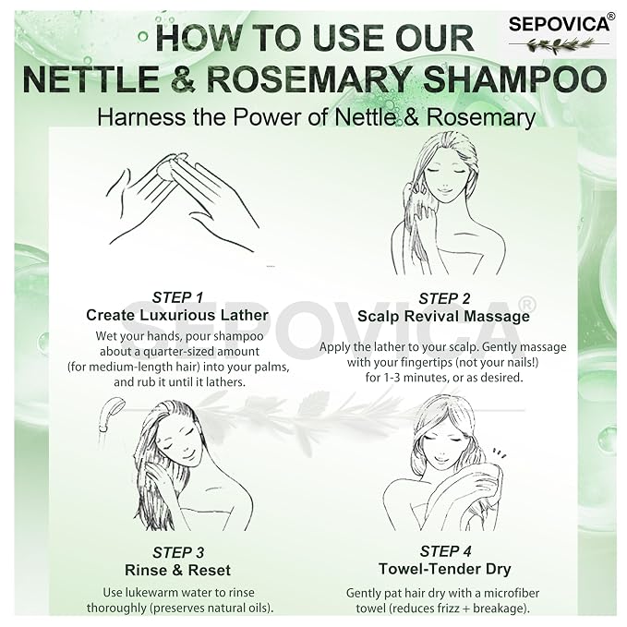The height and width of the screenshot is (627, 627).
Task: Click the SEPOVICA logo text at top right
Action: click(559, 24)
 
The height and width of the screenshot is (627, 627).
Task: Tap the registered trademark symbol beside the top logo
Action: click(611, 17)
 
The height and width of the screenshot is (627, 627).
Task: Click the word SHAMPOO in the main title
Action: click(514, 78)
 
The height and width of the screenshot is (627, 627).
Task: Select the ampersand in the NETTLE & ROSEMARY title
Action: click(183, 78)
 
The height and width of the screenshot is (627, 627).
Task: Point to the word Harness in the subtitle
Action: click(141, 117)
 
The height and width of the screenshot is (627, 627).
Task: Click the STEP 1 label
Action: click(177, 297)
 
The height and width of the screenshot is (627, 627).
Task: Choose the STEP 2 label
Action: click(444, 298)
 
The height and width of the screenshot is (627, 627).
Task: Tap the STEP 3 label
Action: click(178, 552)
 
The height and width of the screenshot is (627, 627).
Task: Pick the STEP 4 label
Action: click(445, 551)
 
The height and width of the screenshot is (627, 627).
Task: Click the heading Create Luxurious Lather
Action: click(177, 315)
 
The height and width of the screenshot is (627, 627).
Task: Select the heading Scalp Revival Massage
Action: click(443, 317)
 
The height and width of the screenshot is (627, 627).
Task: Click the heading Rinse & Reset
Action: click(177, 571)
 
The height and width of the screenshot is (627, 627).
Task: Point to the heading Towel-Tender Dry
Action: click(445, 569)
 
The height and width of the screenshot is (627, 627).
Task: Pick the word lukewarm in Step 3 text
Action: click(153, 593)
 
